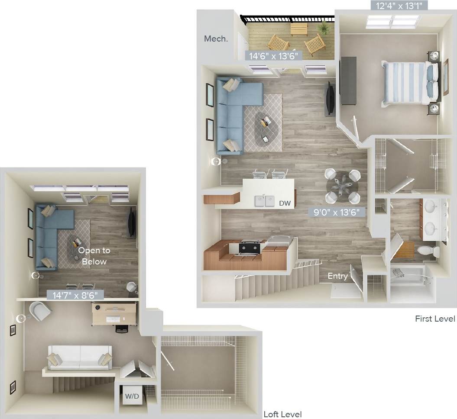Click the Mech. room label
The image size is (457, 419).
tap(216, 39)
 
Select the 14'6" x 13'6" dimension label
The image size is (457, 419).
tap(273, 56)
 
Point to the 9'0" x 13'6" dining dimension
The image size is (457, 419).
tap(337, 212)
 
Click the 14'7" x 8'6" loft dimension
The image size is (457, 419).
tap(75, 295)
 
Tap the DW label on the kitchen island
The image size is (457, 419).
tap(284, 203)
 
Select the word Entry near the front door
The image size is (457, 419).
tap(337, 276)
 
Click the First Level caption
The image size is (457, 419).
tap(435, 319)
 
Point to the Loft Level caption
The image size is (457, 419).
tap(283, 414)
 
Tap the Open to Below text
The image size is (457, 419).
tap(94, 256)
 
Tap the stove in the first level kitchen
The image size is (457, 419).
tap(250, 248)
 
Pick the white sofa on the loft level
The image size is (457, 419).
tap(80, 357)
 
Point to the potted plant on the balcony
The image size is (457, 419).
tap(323, 29)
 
